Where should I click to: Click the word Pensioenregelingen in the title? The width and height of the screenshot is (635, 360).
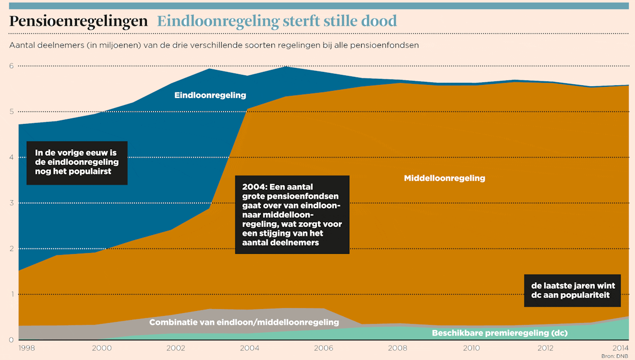78,21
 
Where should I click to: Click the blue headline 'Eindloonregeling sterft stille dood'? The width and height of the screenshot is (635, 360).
277,21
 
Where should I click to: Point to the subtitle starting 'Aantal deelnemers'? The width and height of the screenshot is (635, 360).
214,45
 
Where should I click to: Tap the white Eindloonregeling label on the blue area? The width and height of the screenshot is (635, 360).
210,95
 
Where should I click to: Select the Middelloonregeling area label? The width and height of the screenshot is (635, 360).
444,178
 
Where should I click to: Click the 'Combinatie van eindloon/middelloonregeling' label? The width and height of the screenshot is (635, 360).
244,322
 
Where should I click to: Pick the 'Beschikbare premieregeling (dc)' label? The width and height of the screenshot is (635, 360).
500,333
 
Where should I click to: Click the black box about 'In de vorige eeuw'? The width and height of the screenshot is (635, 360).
77,163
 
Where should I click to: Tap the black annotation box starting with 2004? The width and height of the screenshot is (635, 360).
292,215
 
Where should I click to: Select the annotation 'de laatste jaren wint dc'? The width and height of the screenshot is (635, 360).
572,291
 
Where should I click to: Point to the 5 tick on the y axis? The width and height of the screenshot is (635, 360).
11,112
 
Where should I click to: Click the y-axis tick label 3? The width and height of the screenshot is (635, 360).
11,203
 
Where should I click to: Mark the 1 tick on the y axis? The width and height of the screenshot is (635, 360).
11,294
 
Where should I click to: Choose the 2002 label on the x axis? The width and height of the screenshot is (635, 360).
176,348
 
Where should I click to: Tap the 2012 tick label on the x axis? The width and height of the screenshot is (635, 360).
545,348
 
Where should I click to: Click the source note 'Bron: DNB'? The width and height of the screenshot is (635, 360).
615,356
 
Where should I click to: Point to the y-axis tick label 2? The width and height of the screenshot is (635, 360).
11,248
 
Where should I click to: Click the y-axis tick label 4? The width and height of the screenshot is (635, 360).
11,157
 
